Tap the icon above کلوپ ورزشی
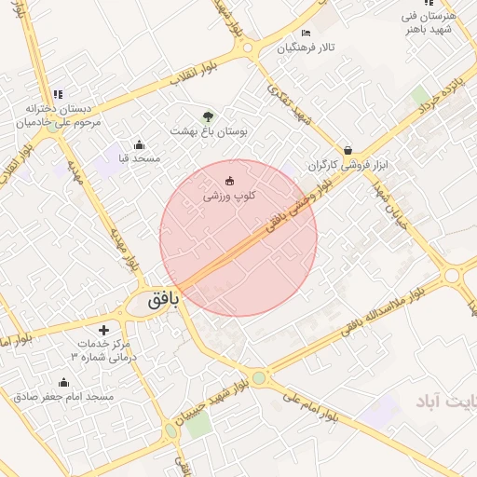point(230,180)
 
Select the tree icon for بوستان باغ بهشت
point(208,116)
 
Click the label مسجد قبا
point(133,159)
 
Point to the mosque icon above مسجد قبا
point(139,144)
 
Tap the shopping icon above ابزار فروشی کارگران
point(348,150)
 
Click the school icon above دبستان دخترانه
point(58,94)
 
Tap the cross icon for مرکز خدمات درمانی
point(102,330)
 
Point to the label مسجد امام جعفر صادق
point(63,397)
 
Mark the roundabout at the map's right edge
point(453,276)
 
